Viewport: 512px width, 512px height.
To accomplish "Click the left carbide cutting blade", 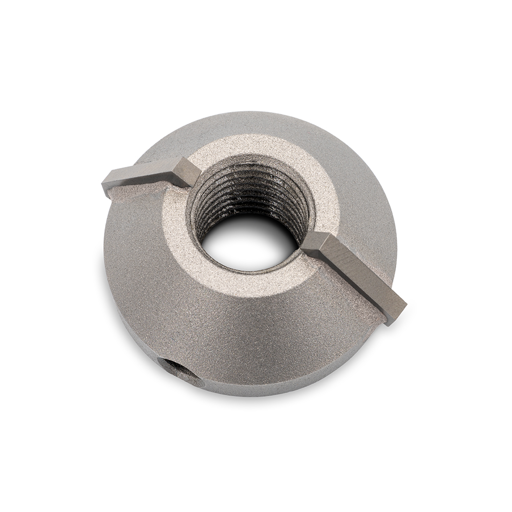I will coord(148,174).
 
